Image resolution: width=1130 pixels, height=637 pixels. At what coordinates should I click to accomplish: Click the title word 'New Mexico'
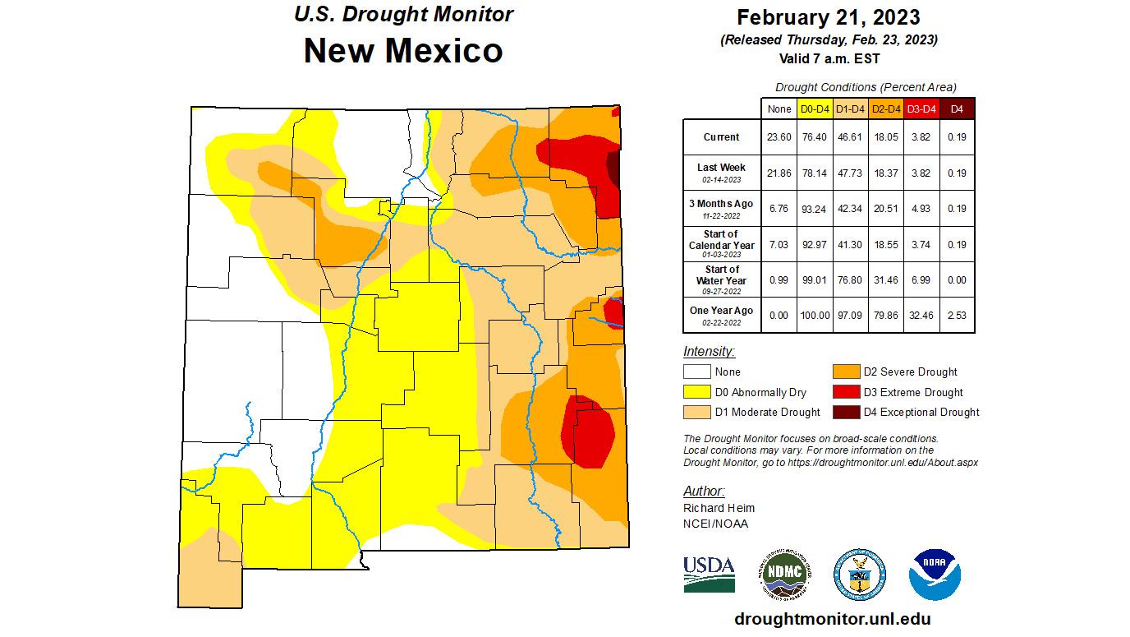coord(403,51)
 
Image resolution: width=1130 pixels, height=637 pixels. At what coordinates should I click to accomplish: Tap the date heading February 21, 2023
coord(828,17)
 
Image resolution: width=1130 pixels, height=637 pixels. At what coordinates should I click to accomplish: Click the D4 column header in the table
coord(957,108)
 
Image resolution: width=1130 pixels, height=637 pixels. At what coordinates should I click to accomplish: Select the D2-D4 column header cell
coord(885,108)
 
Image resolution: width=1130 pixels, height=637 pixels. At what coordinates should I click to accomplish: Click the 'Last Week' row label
coord(721,168)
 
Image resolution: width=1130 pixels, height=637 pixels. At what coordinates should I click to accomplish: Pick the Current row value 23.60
coord(779,137)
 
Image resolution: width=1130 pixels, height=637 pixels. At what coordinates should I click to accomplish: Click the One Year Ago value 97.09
coord(850,316)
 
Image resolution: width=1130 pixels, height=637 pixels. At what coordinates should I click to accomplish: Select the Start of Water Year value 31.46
coord(885,280)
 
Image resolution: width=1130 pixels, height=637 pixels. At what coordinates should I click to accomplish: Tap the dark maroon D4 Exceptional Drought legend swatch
coord(846,412)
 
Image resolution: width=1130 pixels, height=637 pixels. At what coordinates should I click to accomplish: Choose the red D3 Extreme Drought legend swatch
coord(846,392)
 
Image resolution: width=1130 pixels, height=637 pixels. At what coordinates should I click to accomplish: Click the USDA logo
coord(709,574)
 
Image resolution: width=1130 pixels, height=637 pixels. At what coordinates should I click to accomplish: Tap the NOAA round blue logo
coord(935,574)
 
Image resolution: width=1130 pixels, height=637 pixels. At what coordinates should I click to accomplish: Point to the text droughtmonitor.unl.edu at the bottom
coord(832,620)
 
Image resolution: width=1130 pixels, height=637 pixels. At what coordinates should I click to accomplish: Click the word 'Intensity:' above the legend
coord(709,352)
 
